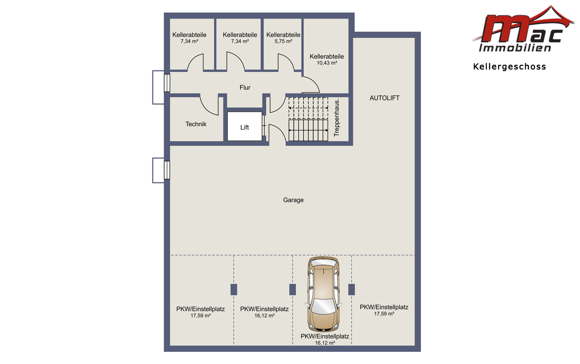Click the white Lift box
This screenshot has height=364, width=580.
(244, 126)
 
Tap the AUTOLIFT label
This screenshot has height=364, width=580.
(384, 98)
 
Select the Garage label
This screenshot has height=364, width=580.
(293, 200)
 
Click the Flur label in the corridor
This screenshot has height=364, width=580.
(245, 88)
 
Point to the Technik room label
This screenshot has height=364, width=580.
(196, 124)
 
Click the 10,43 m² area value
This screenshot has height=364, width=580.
(327, 63)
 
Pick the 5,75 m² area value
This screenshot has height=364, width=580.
(283, 41)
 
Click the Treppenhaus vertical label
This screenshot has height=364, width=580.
(337, 117)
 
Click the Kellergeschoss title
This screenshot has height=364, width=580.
(510, 67)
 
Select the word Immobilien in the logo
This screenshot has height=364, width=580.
(515, 48)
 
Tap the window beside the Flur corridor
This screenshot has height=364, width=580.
(167, 83)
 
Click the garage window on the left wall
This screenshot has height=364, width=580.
(167, 170)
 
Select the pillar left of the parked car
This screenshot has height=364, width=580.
(292, 290)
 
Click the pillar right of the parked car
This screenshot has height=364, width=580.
(351, 290)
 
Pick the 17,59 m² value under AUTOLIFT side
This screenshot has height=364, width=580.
(384, 314)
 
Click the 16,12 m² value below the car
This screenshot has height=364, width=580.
(325, 343)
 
